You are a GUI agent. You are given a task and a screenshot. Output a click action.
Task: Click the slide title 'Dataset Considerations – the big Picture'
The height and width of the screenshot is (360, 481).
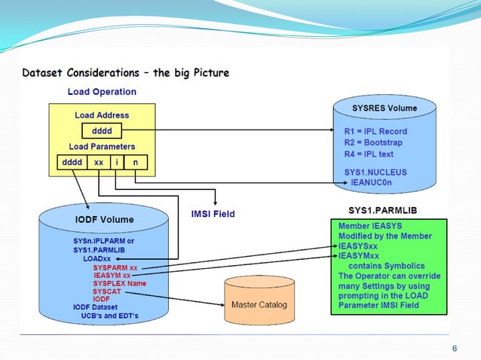coord(126,74)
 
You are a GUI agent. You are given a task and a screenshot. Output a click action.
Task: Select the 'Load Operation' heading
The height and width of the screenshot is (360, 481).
coord(103,92)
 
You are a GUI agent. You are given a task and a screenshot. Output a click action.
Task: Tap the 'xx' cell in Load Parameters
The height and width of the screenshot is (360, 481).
coord(99,162)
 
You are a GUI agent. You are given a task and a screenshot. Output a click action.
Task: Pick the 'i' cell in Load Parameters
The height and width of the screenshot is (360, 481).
coord(117,162)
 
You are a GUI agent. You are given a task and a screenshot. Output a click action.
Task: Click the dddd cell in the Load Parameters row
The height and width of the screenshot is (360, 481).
coord(71,162)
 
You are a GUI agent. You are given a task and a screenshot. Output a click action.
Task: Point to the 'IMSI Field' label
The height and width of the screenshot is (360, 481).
coord(213,214)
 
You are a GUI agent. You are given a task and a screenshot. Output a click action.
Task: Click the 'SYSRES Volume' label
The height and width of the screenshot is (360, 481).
coord(384,108)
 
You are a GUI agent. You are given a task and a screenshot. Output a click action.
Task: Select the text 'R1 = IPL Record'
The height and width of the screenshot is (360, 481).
coord(375,131)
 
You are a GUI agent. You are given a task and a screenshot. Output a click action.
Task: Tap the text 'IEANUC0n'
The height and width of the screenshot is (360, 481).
coord(376,182)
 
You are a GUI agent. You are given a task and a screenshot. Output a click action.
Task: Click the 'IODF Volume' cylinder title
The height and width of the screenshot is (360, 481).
coord(104,220)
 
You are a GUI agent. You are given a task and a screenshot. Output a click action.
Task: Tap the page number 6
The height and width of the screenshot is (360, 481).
coord(454,348)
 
